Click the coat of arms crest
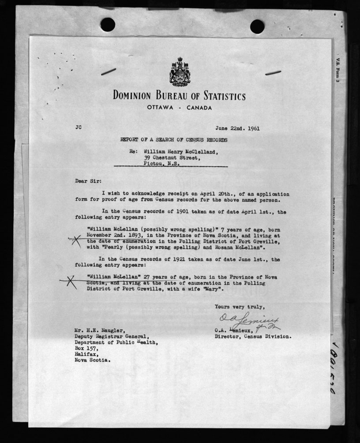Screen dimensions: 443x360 click(x=179, y=72)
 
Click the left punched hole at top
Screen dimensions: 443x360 click(x=108, y=24)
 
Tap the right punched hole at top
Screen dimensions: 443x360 click(x=257, y=26)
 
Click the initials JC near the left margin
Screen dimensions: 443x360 click(x=78, y=128)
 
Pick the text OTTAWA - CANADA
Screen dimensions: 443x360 click(x=180, y=108)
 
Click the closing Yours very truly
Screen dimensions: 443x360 click(x=240, y=306)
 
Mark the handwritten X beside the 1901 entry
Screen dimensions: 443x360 click(x=76, y=240)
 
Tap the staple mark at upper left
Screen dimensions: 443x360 click(x=108, y=71)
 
